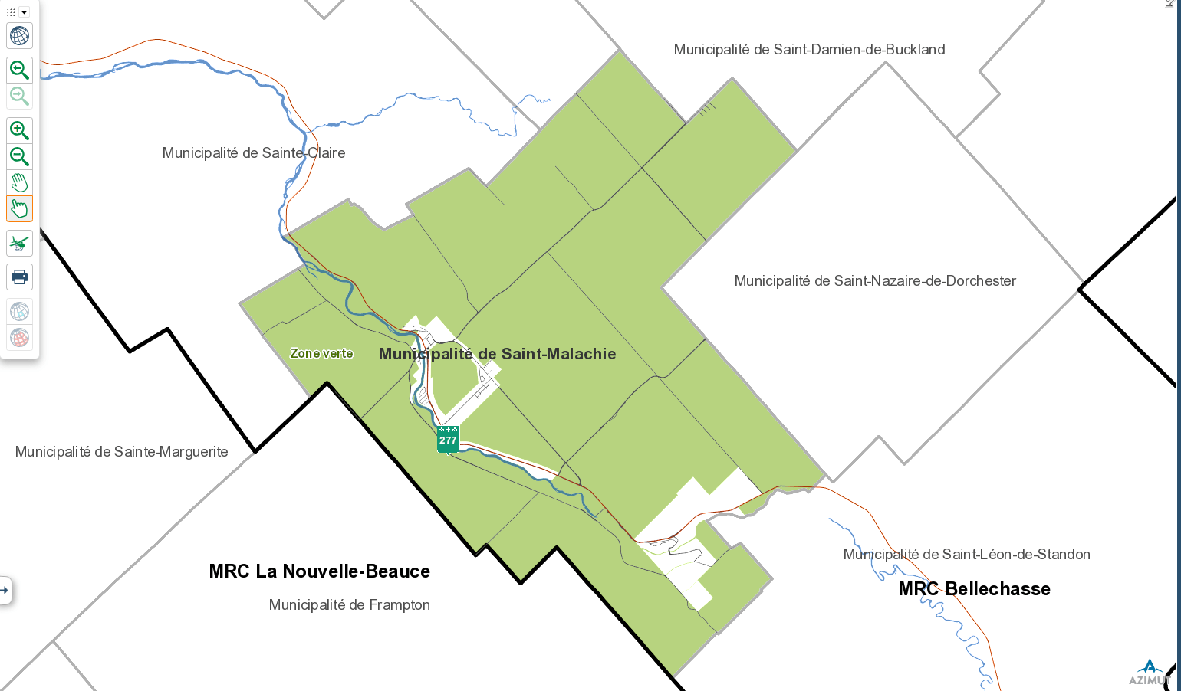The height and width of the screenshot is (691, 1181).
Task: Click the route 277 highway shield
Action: (x=448, y=440)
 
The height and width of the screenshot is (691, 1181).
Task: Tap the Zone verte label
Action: (x=321, y=353)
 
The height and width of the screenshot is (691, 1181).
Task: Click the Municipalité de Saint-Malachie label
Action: (x=497, y=354)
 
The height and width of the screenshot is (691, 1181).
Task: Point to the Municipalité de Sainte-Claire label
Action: (x=254, y=153)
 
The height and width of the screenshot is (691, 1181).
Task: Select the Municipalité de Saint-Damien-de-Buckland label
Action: (x=809, y=50)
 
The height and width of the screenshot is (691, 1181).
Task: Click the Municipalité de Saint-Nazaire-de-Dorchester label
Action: (x=875, y=281)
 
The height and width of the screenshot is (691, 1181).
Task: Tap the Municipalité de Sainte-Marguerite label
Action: (x=122, y=452)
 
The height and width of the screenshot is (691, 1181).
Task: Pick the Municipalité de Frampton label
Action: (x=349, y=605)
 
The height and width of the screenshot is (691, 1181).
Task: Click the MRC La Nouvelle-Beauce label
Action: (x=319, y=571)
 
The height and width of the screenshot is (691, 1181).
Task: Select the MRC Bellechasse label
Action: (x=974, y=589)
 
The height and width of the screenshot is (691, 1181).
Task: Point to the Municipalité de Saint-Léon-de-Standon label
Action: (x=966, y=555)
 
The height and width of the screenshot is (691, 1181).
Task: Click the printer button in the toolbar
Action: (x=19, y=277)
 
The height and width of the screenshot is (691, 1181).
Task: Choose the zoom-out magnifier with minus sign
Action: (x=19, y=157)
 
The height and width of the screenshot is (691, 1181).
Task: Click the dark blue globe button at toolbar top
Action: (x=19, y=36)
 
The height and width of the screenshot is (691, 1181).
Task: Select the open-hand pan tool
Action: (x=19, y=183)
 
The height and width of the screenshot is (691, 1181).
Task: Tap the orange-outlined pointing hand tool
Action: (x=19, y=209)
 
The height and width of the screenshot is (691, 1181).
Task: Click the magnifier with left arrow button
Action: (x=19, y=70)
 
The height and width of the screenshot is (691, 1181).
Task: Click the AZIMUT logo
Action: (x=1149, y=673)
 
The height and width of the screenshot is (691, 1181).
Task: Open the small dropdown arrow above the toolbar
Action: (x=24, y=12)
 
